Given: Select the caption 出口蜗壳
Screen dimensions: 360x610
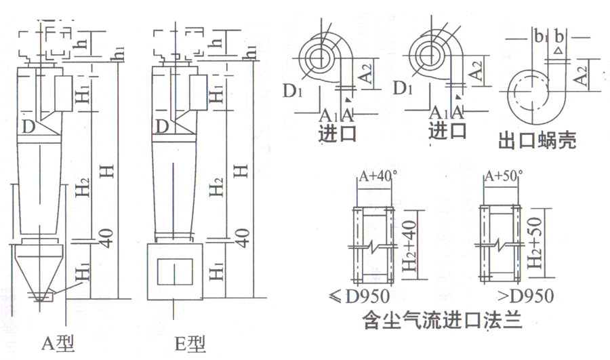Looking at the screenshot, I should click(537, 142).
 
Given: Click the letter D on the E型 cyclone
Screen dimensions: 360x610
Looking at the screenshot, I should click(161, 126).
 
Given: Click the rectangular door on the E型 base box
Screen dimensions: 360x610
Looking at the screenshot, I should click(174, 271).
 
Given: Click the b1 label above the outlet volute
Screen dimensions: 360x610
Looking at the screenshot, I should click(539, 37).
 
